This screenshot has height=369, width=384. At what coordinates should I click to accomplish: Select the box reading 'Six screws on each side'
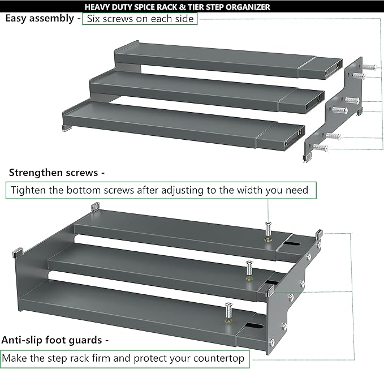140,19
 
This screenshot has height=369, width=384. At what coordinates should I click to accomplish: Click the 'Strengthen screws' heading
56,173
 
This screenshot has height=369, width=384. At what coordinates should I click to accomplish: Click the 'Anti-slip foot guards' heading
55,340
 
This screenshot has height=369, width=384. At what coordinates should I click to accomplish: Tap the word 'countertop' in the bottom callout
221,358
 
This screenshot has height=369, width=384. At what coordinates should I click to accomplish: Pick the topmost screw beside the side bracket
370,67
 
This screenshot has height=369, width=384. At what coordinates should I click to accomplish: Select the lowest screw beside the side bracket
320,149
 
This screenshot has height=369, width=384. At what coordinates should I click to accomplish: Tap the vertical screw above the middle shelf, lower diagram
249,268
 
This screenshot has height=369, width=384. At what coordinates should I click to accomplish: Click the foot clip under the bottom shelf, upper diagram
67,128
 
